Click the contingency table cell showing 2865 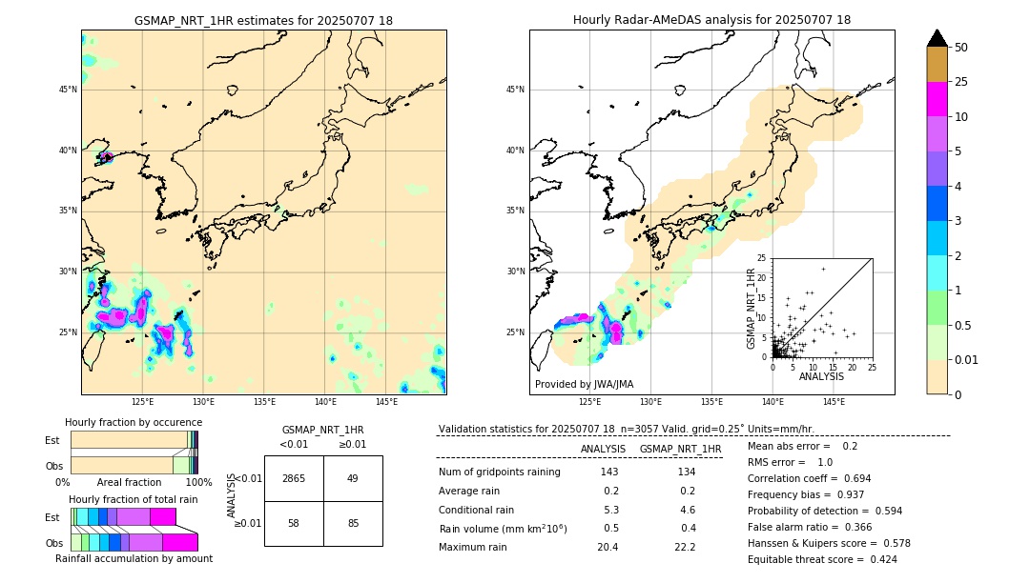[294, 478]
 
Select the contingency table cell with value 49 [353, 478]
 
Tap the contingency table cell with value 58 [294, 524]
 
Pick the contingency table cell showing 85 [353, 524]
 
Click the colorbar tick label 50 [961, 47]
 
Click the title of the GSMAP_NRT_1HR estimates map [263, 21]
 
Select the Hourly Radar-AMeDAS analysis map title [711, 20]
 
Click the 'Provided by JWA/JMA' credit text [584, 385]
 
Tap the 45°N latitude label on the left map [68, 90]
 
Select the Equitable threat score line [822, 559]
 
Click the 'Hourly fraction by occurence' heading [134, 422]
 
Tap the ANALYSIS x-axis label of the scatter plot [820, 377]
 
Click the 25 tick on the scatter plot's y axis [762, 258]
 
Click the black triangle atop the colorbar [937, 38]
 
